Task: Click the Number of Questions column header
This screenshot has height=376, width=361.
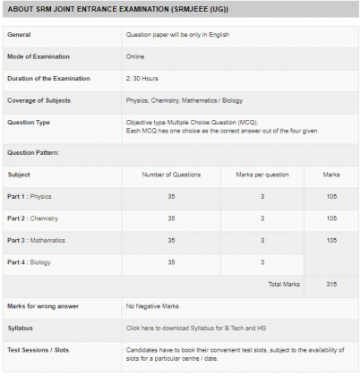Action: point(171,174)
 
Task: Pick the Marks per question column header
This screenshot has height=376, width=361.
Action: point(262,174)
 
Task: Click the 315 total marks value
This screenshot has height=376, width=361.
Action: point(331,284)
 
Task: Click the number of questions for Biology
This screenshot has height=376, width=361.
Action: point(171,261)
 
